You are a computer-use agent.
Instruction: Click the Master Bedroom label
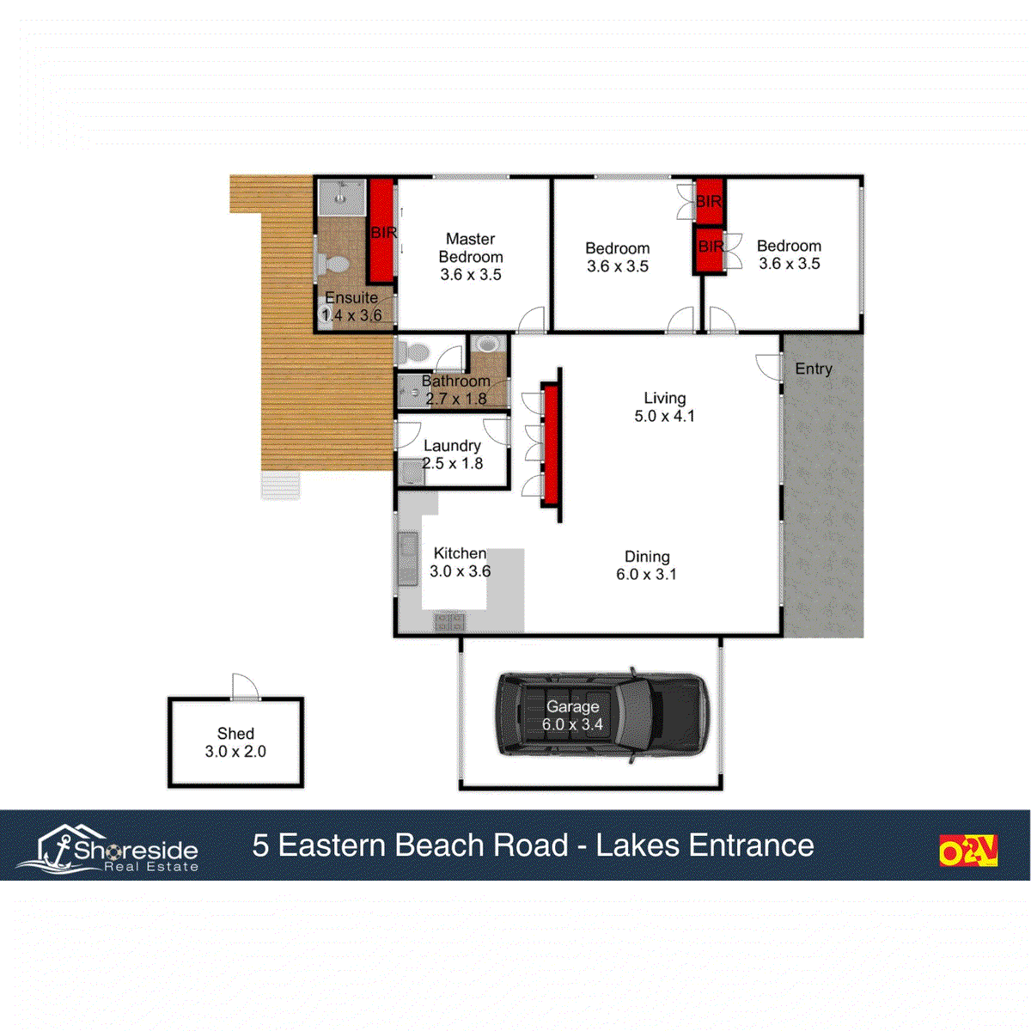click(x=470, y=247)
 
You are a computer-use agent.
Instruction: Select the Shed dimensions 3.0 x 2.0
click(x=235, y=752)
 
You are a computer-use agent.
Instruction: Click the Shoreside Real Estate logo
click(x=108, y=849)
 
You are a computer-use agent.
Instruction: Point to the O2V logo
click(x=967, y=850)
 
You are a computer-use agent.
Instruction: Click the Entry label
click(x=813, y=369)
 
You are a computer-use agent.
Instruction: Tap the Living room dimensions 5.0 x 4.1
click(x=664, y=417)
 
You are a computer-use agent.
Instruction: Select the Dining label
click(x=647, y=557)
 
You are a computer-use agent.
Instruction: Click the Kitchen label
click(x=460, y=553)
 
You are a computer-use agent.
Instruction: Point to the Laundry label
click(x=452, y=445)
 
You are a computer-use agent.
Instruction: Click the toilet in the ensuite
click(x=332, y=263)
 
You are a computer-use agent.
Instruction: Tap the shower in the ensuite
click(x=341, y=198)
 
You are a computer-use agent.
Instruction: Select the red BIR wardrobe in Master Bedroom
click(x=381, y=230)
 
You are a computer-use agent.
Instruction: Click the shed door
click(x=245, y=687)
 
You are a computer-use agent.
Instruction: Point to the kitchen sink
click(x=407, y=558)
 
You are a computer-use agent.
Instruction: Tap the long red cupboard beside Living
click(x=550, y=444)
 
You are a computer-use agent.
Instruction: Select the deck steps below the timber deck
click(x=280, y=485)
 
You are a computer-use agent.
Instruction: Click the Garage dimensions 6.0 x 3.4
click(x=572, y=725)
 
